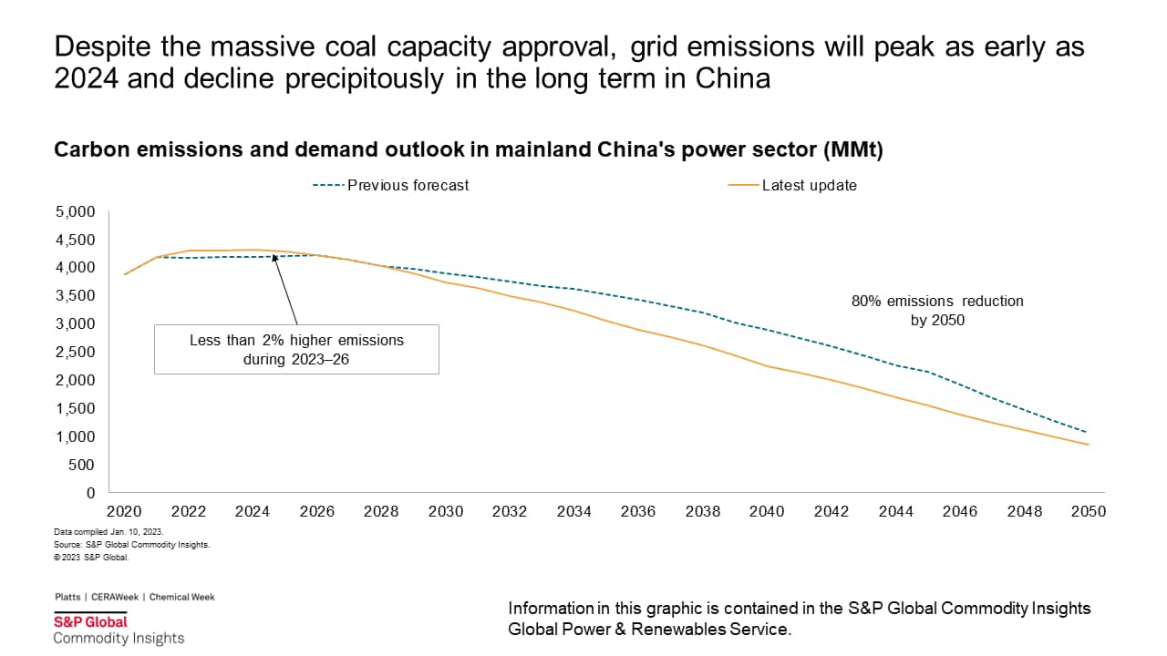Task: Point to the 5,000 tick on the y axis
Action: (76, 211)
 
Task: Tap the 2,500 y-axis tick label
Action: (76, 352)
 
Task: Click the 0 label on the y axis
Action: (89, 493)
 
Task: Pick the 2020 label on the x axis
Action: (124, 511)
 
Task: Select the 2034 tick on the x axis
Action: (573, 511)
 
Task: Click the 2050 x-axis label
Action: (1088, 511)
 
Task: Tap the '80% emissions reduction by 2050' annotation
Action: (936, 310)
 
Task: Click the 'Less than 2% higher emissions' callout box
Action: (296, 348)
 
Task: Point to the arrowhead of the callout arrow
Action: (274, 258)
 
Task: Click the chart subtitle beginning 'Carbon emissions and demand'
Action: (469, 150)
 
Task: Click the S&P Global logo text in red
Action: (90, 621)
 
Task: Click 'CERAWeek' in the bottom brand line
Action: (115, 597)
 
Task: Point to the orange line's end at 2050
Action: (1088, 445)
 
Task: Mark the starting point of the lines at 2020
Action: (125, 273)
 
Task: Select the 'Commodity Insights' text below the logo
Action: (119, 638)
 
